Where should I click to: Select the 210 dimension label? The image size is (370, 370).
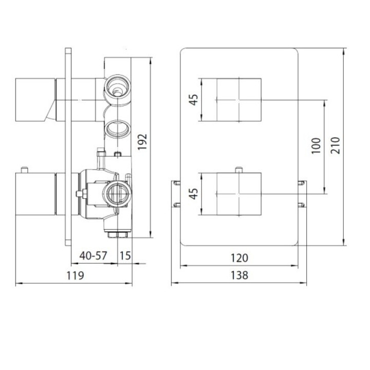tap(335, 146)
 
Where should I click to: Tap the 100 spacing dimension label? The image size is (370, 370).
tap(316, 146)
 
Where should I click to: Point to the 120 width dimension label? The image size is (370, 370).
tap(239, 257)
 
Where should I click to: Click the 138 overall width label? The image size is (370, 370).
tap(239, 275)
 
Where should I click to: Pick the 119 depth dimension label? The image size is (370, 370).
tap(75, 275)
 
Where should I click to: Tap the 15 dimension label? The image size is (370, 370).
tap(125, 255)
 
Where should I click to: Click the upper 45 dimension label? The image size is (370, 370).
tap(193, 100)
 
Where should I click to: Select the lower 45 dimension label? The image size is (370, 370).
tap(193, 193)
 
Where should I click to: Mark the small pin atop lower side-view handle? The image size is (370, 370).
tap(24, 170)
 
